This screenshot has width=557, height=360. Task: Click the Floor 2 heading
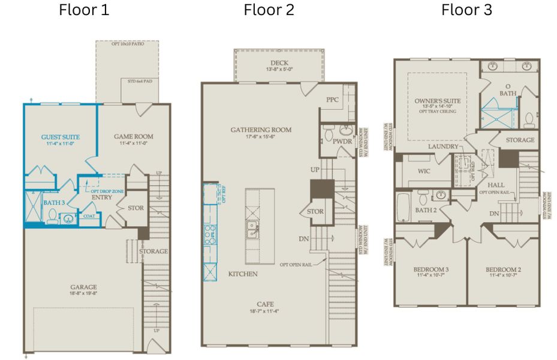point(269,10)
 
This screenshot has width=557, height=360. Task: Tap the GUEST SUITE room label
point(60,137)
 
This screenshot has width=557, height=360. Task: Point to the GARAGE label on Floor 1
point(82,287)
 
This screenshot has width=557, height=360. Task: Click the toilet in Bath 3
point(52,220)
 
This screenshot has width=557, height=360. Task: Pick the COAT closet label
point(89,217)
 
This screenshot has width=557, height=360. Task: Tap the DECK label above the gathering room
point(279,62)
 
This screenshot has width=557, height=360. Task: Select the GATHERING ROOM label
point(261,130)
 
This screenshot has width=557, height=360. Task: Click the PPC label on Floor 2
point(333,100)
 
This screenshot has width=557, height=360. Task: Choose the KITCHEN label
point(242,274)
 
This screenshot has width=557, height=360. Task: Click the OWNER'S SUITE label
point(436,101)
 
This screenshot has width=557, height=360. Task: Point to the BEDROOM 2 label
point(503,269)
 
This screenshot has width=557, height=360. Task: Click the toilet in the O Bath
point(529,121)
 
